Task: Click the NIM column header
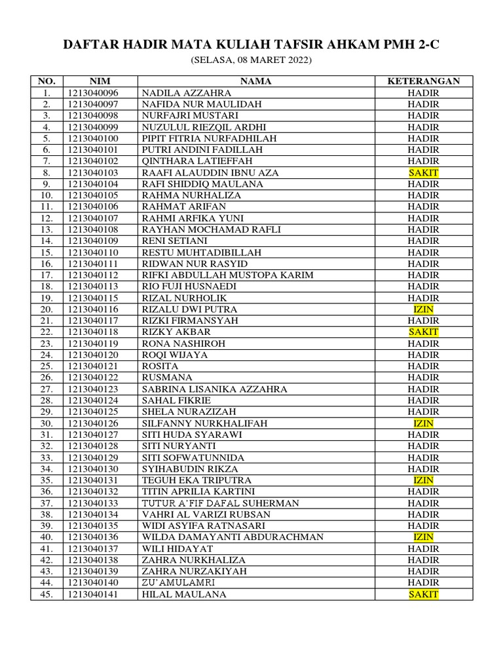point(100,81)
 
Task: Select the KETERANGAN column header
point(423,81)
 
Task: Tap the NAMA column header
point(255,81)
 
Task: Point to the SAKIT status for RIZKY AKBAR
point(423,332)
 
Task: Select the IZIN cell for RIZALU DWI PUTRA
point(423,309)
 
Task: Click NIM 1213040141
point(92,594)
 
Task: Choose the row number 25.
point(47,366)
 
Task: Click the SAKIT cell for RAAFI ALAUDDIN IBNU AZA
point(423,173)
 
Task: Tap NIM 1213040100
point(92,138)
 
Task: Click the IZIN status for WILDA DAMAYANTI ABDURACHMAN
point(423,537)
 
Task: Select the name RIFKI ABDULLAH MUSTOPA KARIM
point(227,275)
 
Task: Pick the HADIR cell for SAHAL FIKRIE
point(423,400)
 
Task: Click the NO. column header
point(47,81)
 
